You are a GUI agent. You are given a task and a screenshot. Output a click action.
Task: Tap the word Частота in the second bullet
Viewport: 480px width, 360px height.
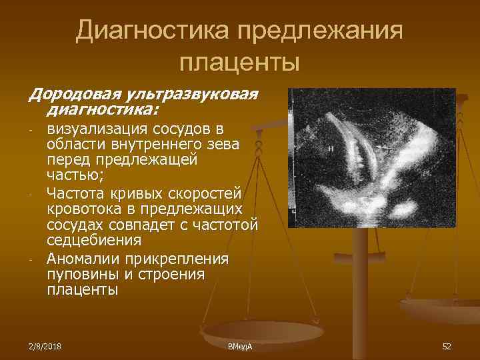click(75, 193)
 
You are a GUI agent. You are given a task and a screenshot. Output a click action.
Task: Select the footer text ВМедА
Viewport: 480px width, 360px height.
click(239, 347)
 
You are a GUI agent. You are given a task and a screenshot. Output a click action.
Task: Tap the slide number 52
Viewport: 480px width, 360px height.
click(447, 346)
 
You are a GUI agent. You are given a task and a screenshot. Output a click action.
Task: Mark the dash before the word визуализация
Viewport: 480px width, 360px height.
click(31, 129)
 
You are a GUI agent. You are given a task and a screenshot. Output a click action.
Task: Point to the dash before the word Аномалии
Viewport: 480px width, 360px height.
click(31, 259)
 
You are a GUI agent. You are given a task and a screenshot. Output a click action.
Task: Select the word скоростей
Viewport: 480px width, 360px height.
click(210, 193)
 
